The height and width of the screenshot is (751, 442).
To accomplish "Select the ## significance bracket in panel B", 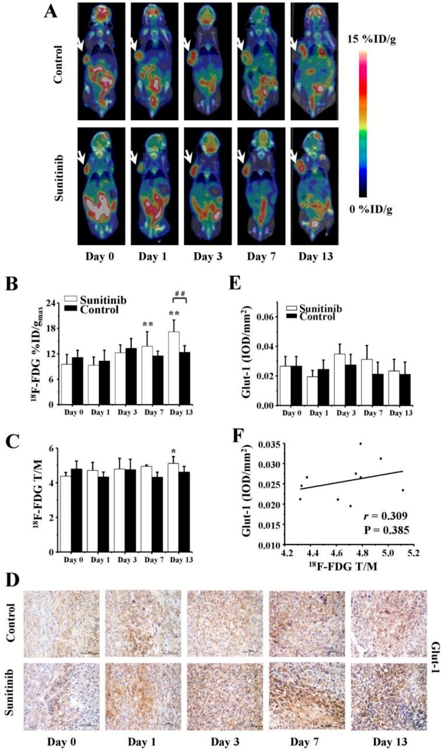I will (x=180, y=303).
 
